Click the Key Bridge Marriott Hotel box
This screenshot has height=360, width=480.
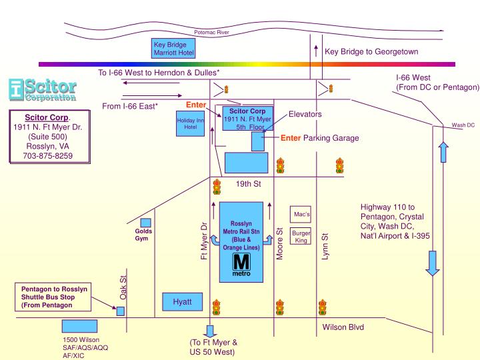click(x=173, y=48)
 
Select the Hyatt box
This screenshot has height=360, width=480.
click(x=182, y=302)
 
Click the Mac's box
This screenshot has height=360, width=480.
click(x=301, y=215)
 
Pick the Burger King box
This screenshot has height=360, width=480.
click(x=301, y=237)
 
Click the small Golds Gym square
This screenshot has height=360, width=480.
click(x=145, y=223)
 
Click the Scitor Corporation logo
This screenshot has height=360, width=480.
click(x=43, y=91)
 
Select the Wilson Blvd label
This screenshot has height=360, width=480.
click(x=343, y=328)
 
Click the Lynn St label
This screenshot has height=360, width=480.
click(x=325, y=246)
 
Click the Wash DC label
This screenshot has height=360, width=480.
click(x=463, y=125)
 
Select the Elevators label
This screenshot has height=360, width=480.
click(x=305, y=115)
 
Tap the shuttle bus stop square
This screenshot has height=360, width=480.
click(x=121, y=311)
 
